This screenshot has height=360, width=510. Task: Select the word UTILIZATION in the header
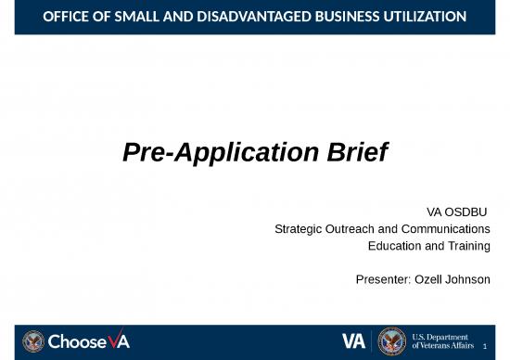coord(417,17)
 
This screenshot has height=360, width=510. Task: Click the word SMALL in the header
coord(134,17)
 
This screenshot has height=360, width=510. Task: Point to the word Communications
coord(441,228)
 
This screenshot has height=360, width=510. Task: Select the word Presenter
coord(381,279)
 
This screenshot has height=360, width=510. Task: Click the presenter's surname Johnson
coord(468,279)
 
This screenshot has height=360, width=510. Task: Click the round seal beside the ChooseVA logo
coord(33,341)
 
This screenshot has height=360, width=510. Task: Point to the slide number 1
coord(497,348)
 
